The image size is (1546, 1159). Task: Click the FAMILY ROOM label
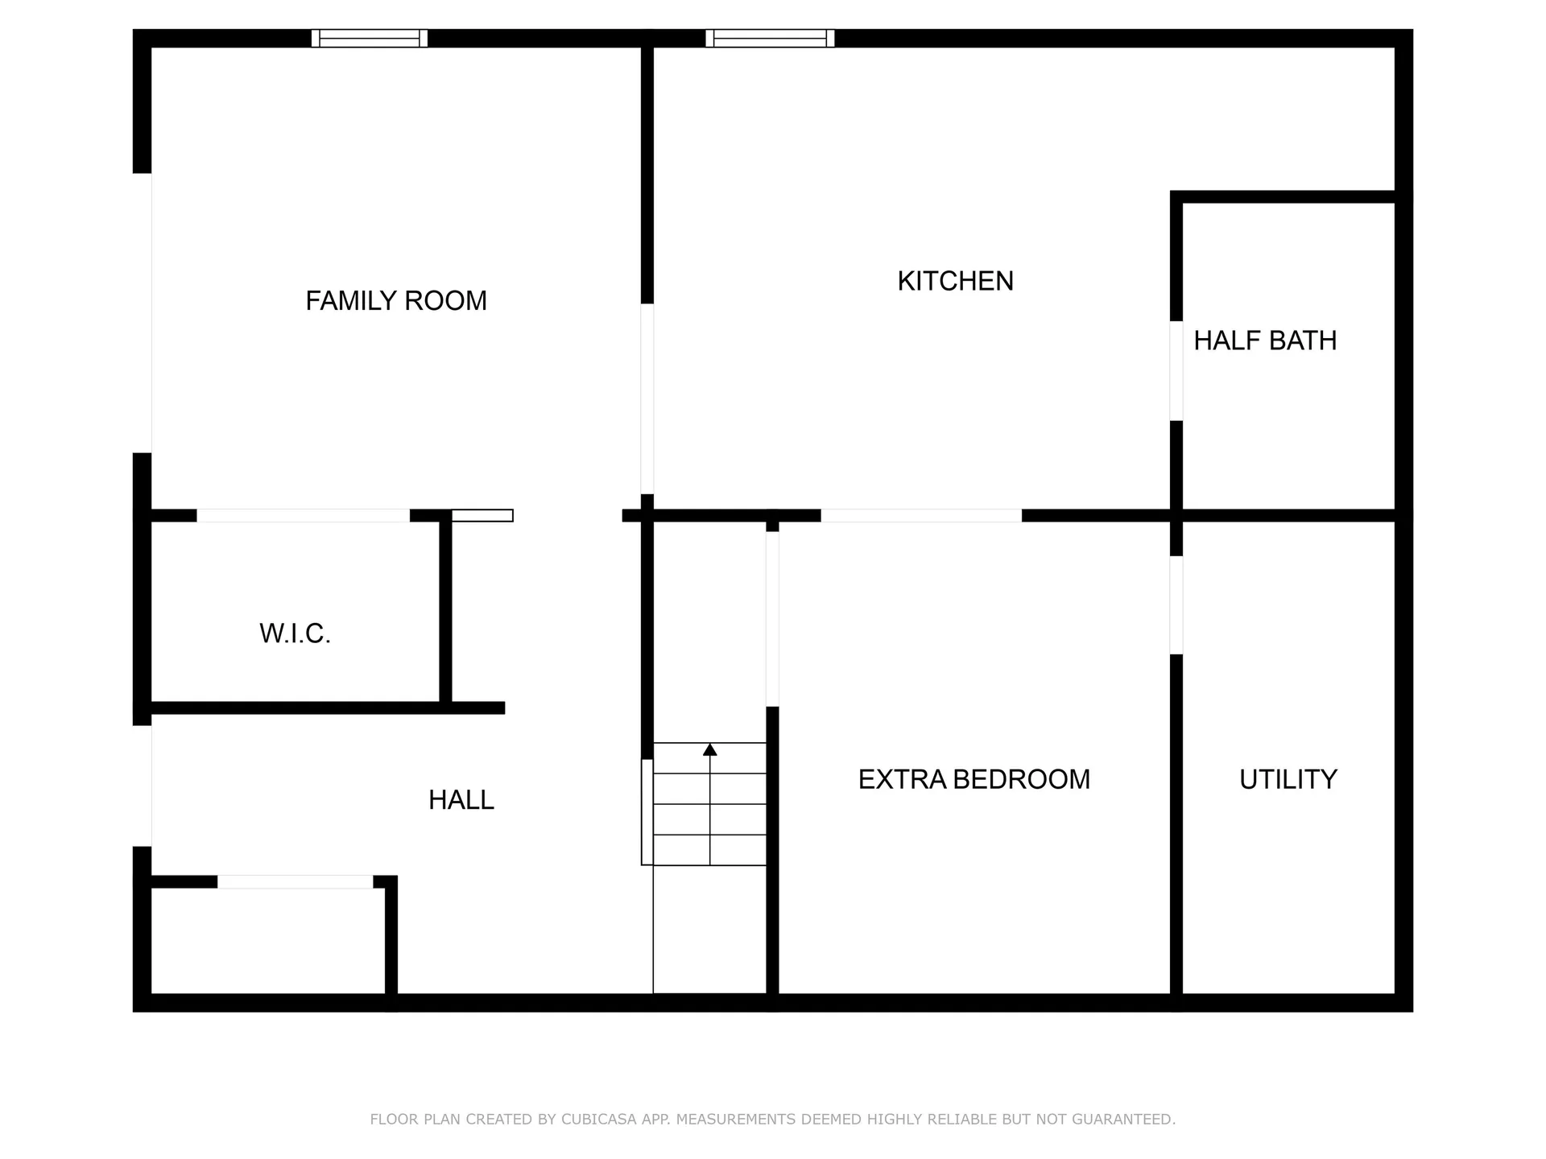[396, 301]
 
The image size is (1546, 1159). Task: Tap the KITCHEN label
[955, 281]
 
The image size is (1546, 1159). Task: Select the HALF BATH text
[1264, 340]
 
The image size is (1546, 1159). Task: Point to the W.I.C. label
[295, 634]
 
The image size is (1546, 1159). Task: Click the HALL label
[461, 800]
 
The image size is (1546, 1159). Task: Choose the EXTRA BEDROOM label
[973, 779]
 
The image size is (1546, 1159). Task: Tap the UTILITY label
[1288, 779]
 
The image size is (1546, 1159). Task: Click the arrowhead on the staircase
[709, 750]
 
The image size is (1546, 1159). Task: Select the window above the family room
[370, 38]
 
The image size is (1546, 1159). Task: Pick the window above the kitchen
[770, 38]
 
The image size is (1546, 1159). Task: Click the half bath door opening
[1176, 371]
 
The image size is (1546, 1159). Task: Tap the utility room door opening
[1176, 605]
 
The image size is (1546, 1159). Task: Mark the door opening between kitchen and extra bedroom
[921, 516]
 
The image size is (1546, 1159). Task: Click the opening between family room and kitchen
[647, 398]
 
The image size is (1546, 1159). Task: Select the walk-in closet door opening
[304, 516]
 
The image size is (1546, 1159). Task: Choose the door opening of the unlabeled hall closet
[295, 882]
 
